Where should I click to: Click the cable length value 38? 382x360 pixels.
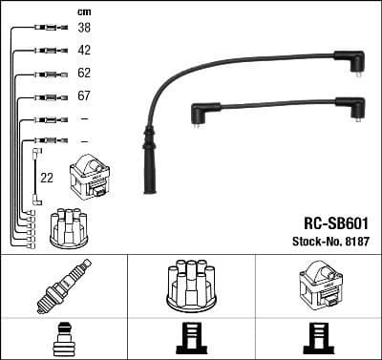click(x=84, y=29)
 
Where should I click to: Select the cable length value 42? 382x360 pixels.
click(x=84, y=51)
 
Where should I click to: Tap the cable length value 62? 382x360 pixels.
click(x=84, y=74)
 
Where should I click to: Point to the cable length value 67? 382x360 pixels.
click(x=84, y=96)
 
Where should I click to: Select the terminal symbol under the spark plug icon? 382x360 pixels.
click(x=62, y=339)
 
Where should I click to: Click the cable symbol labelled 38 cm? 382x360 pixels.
click(x=48, y=29)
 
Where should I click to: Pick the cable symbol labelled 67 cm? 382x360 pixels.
click(x=48, y=96)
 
